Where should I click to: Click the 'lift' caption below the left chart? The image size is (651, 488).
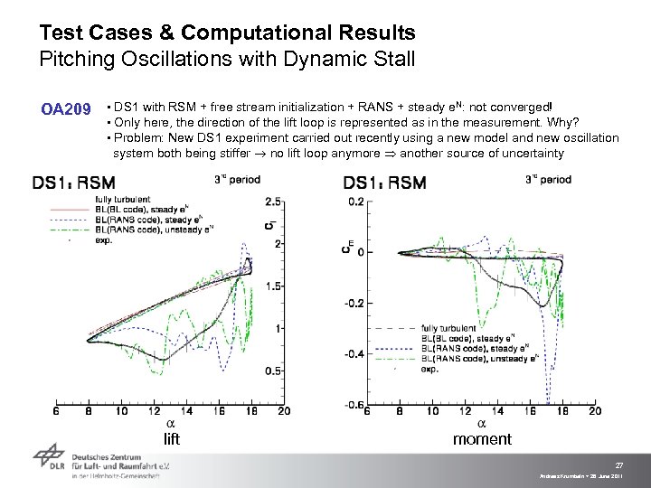[x=172, y=439]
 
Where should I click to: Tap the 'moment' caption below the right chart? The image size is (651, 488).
[x=482, y=439]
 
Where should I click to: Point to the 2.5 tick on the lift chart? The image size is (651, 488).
[x=272, y=201]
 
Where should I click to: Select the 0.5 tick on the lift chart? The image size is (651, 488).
[x=272, y=371]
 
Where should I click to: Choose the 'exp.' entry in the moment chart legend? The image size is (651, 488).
[x=429, y=369]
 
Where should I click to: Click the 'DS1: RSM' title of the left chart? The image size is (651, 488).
[x=73, y=183]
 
